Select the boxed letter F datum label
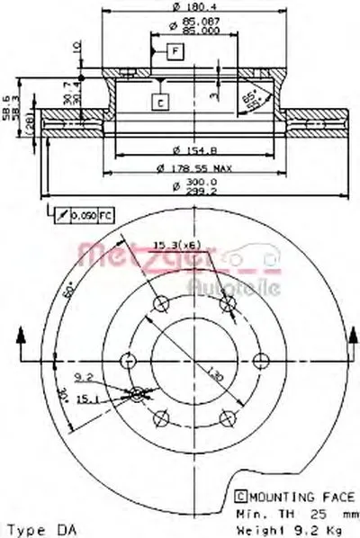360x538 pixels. point(171,53)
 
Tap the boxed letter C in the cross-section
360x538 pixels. point(157,103)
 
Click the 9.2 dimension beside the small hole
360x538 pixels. point(84,377)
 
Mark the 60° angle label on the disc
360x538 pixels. point(71,288)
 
